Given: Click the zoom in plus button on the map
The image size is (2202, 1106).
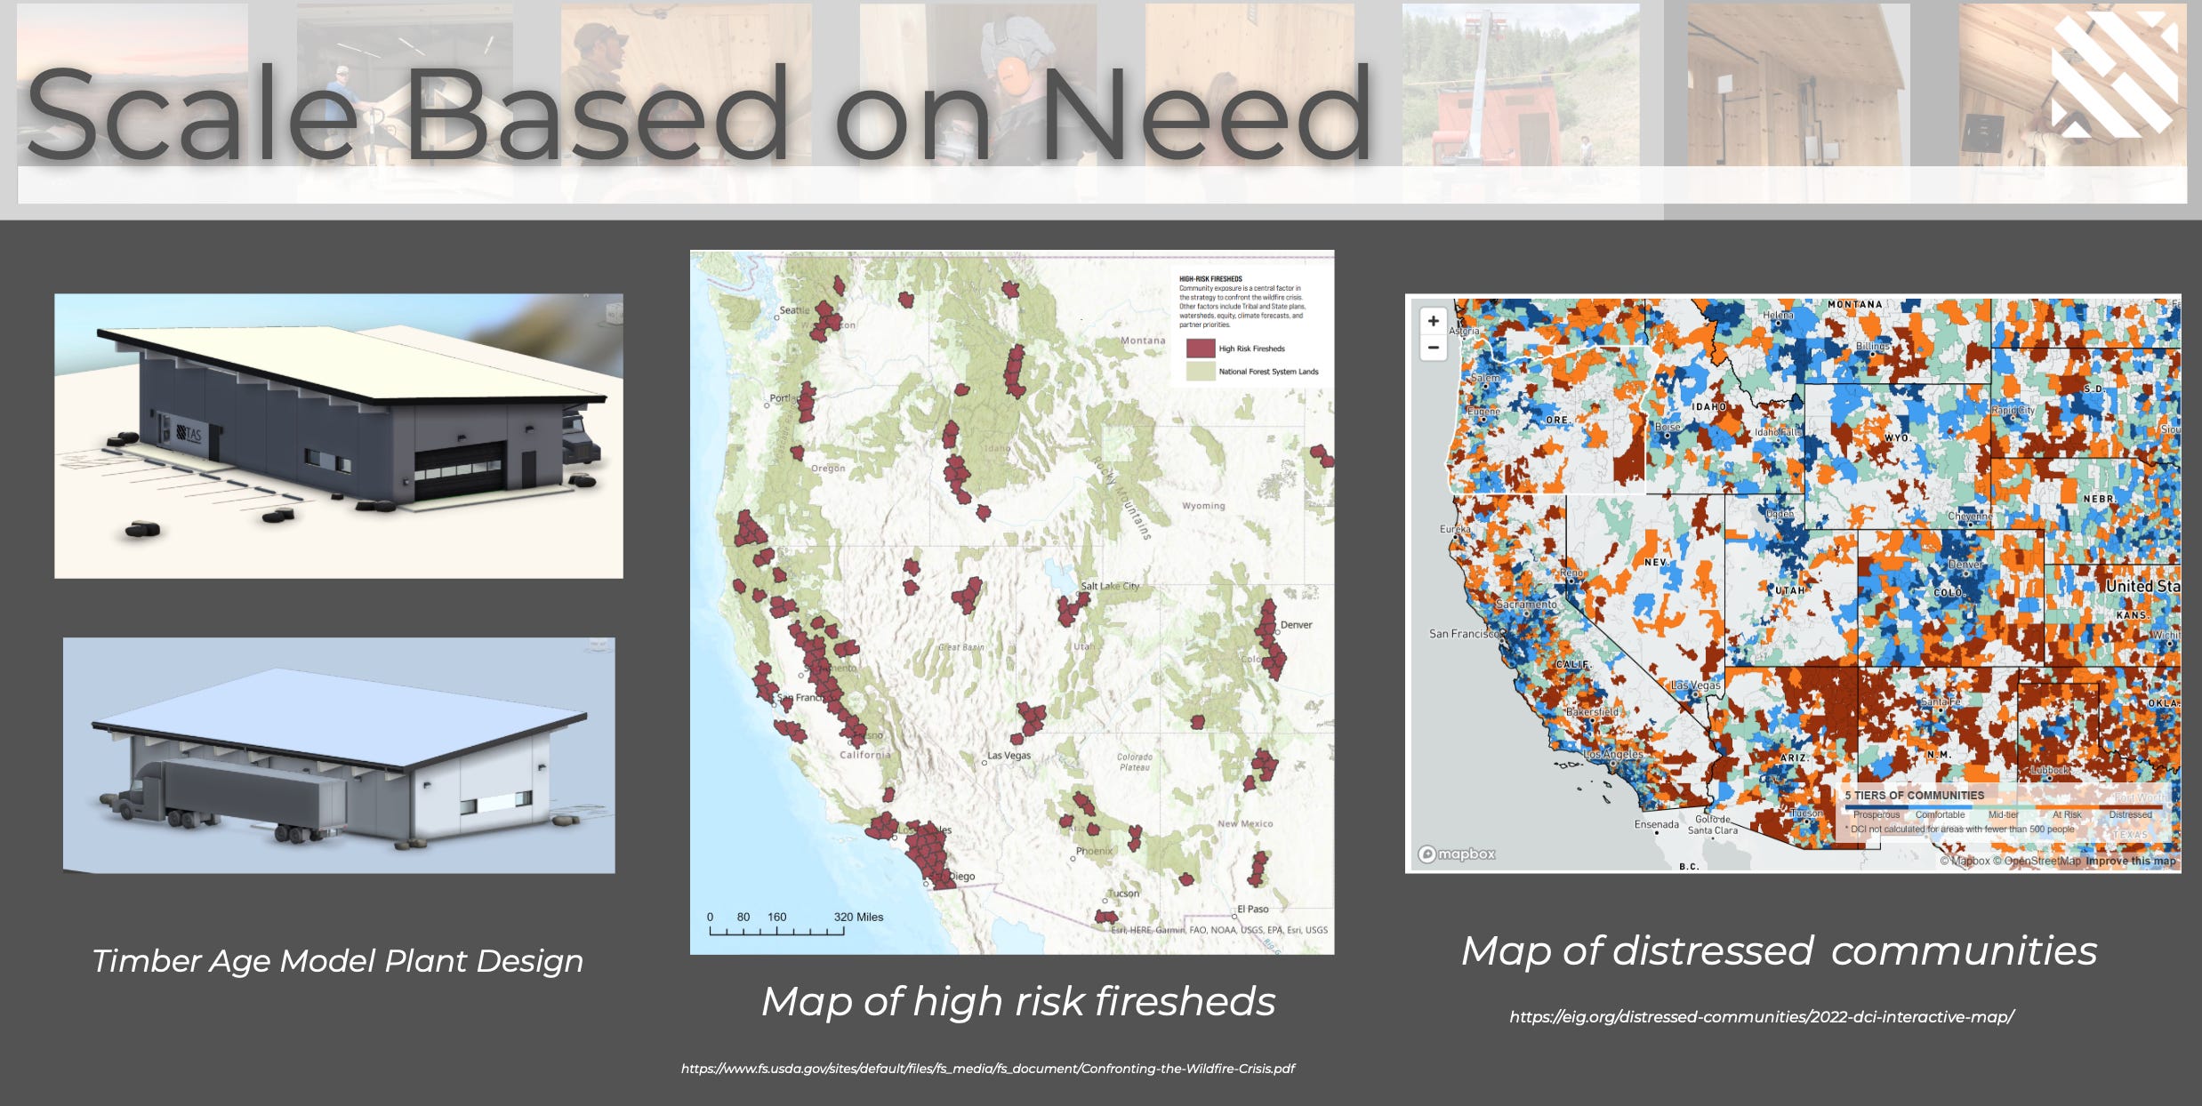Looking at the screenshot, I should point(1433,321).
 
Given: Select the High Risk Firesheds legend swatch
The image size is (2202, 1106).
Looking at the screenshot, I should point(1200,349).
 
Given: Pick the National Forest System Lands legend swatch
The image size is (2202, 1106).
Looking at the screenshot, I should point(1200,372).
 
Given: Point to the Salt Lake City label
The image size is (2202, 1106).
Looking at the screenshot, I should point(1109,586).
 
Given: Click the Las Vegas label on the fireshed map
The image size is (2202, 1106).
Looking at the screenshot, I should point(1009,756).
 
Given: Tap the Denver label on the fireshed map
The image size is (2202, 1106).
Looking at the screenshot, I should point(1296,624).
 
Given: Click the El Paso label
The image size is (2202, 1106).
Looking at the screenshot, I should point(1252,909).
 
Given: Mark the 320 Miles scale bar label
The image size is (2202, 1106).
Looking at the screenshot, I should point(858,917).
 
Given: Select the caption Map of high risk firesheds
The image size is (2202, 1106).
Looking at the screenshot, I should point(1018,1001).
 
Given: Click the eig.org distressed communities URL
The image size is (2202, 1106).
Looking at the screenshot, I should point(1761,1016).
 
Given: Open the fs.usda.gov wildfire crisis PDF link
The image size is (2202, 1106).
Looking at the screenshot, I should point(987,1069).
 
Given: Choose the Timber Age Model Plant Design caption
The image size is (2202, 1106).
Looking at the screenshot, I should point(338,961).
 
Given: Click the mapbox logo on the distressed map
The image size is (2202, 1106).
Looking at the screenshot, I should point(1457,854).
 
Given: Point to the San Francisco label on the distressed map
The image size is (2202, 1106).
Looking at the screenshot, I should point(1464,634).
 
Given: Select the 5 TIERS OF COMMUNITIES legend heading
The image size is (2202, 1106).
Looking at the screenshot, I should point(1914,796).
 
